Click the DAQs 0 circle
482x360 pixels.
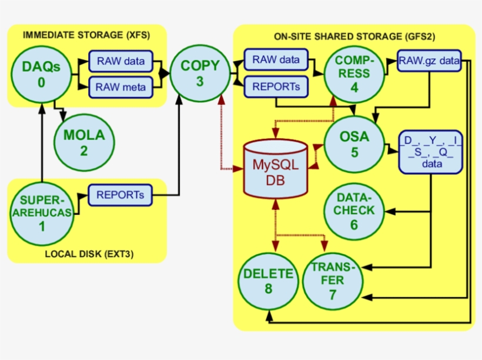[x=41, y=74]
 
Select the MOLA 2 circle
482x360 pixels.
[x=83, y=141]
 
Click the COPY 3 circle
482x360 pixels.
[x=200, y=74]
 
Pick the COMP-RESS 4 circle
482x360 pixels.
[x=354, y=74]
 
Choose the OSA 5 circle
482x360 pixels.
[x=354, y=144]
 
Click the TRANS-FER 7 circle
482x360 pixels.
[x=332, y=281]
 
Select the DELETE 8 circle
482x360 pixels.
[x=268, y=281]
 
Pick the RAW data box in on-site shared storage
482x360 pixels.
[x=276, y=59]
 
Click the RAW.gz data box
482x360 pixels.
[x=429, y=61]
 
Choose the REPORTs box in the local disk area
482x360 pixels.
[x=120, y=195]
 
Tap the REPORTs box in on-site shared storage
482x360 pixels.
[x=276, y=86]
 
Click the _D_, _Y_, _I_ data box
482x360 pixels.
[x=431, y=152]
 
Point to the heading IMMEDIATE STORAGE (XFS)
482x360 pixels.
[x=86, y=35]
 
